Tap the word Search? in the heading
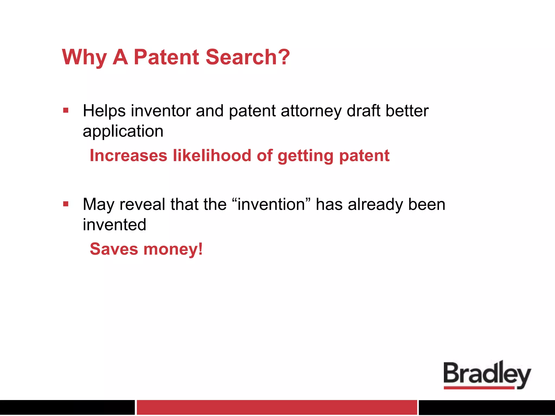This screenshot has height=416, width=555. click(x=248, y=57)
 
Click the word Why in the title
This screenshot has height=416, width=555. click(x=84, y=58)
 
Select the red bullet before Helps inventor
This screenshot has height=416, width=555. click(x=66, y=110)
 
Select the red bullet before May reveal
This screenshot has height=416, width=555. click(x=66, y=204)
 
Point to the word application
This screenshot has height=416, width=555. click(x=123, y=132)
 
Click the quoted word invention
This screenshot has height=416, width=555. click(x=271, y=204)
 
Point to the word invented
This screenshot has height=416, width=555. click(x=114, y=225)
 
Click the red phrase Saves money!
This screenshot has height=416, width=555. click(x=146, y=249)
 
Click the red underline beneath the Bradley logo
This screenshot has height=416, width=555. click(x=479, y=388)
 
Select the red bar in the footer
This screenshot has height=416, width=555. click(x=277, y=407)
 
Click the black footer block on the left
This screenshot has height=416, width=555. click(x=67, y=407)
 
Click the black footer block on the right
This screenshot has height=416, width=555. click(x=487, y=407)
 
